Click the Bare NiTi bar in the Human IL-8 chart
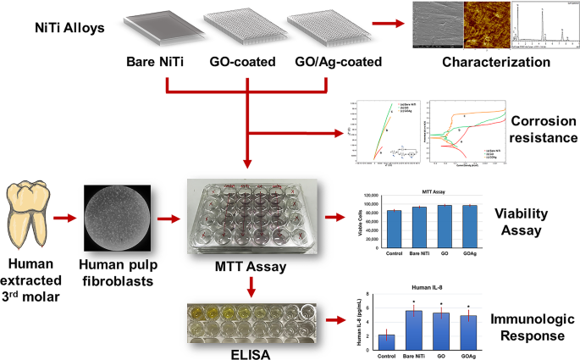point(412,330)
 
